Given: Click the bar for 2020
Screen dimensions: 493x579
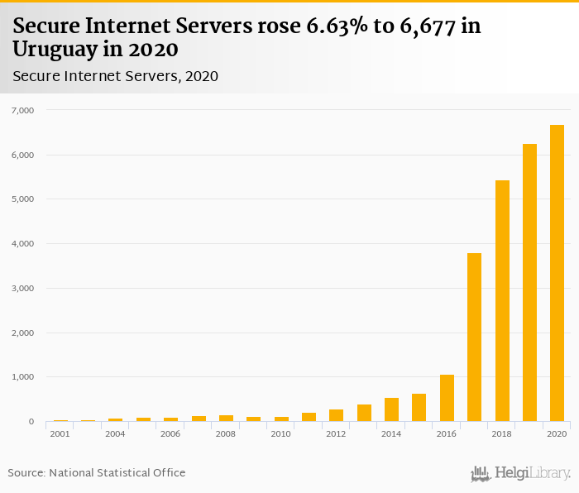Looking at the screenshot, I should (557, 273).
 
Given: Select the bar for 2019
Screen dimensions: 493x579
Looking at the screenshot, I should (529, 283).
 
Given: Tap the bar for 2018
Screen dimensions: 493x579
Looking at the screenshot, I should (502, 301).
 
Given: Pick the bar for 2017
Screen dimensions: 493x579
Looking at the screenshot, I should (474, 337).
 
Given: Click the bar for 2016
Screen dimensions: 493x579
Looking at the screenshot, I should (447, 398).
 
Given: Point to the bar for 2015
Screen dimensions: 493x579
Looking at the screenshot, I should (419, 408).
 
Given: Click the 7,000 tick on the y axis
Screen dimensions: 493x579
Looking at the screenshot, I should (22, 110).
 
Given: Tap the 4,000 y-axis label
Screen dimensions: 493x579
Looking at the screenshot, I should (22, 244).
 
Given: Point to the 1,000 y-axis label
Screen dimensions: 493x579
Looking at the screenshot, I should (22, 377).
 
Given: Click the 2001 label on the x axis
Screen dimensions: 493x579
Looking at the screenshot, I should (60, 433).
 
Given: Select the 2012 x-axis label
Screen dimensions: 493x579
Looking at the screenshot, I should (336, 433).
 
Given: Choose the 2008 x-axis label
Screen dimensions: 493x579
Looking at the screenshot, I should (226, 433).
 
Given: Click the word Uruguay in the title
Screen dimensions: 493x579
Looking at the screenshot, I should (52, 49).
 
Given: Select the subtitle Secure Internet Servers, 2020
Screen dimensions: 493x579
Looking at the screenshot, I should (115, 76).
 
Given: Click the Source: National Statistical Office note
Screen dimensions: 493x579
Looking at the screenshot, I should (97, 472).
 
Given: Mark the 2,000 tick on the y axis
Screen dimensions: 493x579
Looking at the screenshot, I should (22, 333).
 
